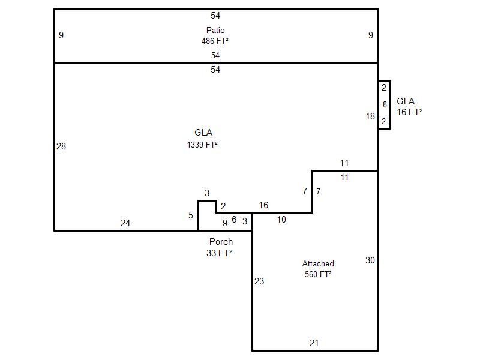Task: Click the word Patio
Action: [x=215, y=30]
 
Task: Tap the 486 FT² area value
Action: [x=215, y=41]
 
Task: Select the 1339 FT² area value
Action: [x=202, y=144]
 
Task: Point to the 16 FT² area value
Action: [x=409, y=112]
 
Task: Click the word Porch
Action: [x=221, y=242]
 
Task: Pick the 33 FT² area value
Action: [x=219, y=253]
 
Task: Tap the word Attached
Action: [x=318, y=263]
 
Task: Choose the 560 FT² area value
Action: [x=317, y=274]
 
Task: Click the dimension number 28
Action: [x=61, y=146]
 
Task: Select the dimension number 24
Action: [x=125, y=223]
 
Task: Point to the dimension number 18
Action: [x=370, y=116]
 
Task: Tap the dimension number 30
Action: [x=370, y=260]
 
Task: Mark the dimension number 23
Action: [x=259, y=281]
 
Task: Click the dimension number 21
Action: [x=314, y=343]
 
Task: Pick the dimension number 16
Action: [x=263, y=205]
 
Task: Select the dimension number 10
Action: [x=281, y=220]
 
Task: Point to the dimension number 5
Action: [x=191, y=215]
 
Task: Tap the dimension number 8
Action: [x=385, y=105]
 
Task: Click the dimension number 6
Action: [x=234, y=220]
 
